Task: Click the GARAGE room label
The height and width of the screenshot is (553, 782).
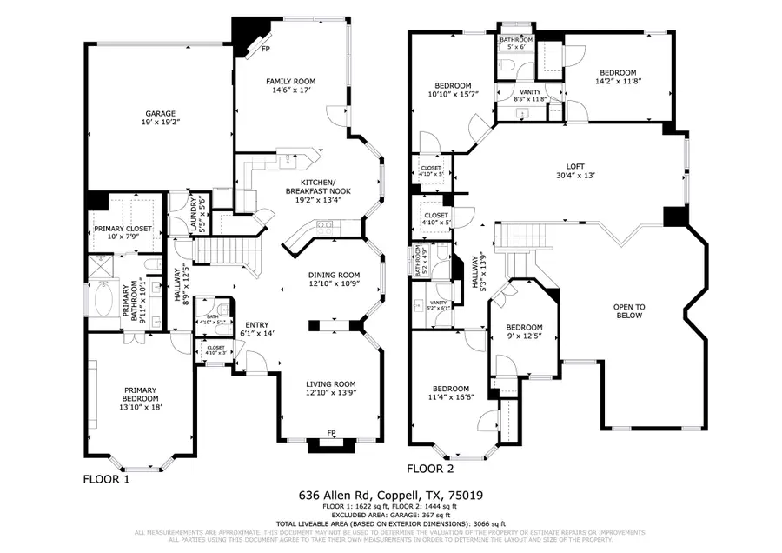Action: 161,114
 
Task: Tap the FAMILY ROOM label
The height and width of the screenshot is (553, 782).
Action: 288,81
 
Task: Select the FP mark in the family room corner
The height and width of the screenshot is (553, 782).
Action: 267,50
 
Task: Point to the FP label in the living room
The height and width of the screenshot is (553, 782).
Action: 330,433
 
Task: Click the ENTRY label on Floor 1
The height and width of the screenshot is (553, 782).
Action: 257,325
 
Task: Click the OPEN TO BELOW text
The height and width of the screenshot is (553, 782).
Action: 629,310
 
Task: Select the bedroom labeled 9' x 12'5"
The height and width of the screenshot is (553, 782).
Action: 525,331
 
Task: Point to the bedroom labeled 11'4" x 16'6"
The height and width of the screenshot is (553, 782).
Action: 450,393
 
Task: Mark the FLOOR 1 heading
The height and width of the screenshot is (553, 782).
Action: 105,479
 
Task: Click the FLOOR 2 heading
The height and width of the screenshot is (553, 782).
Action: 430,469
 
